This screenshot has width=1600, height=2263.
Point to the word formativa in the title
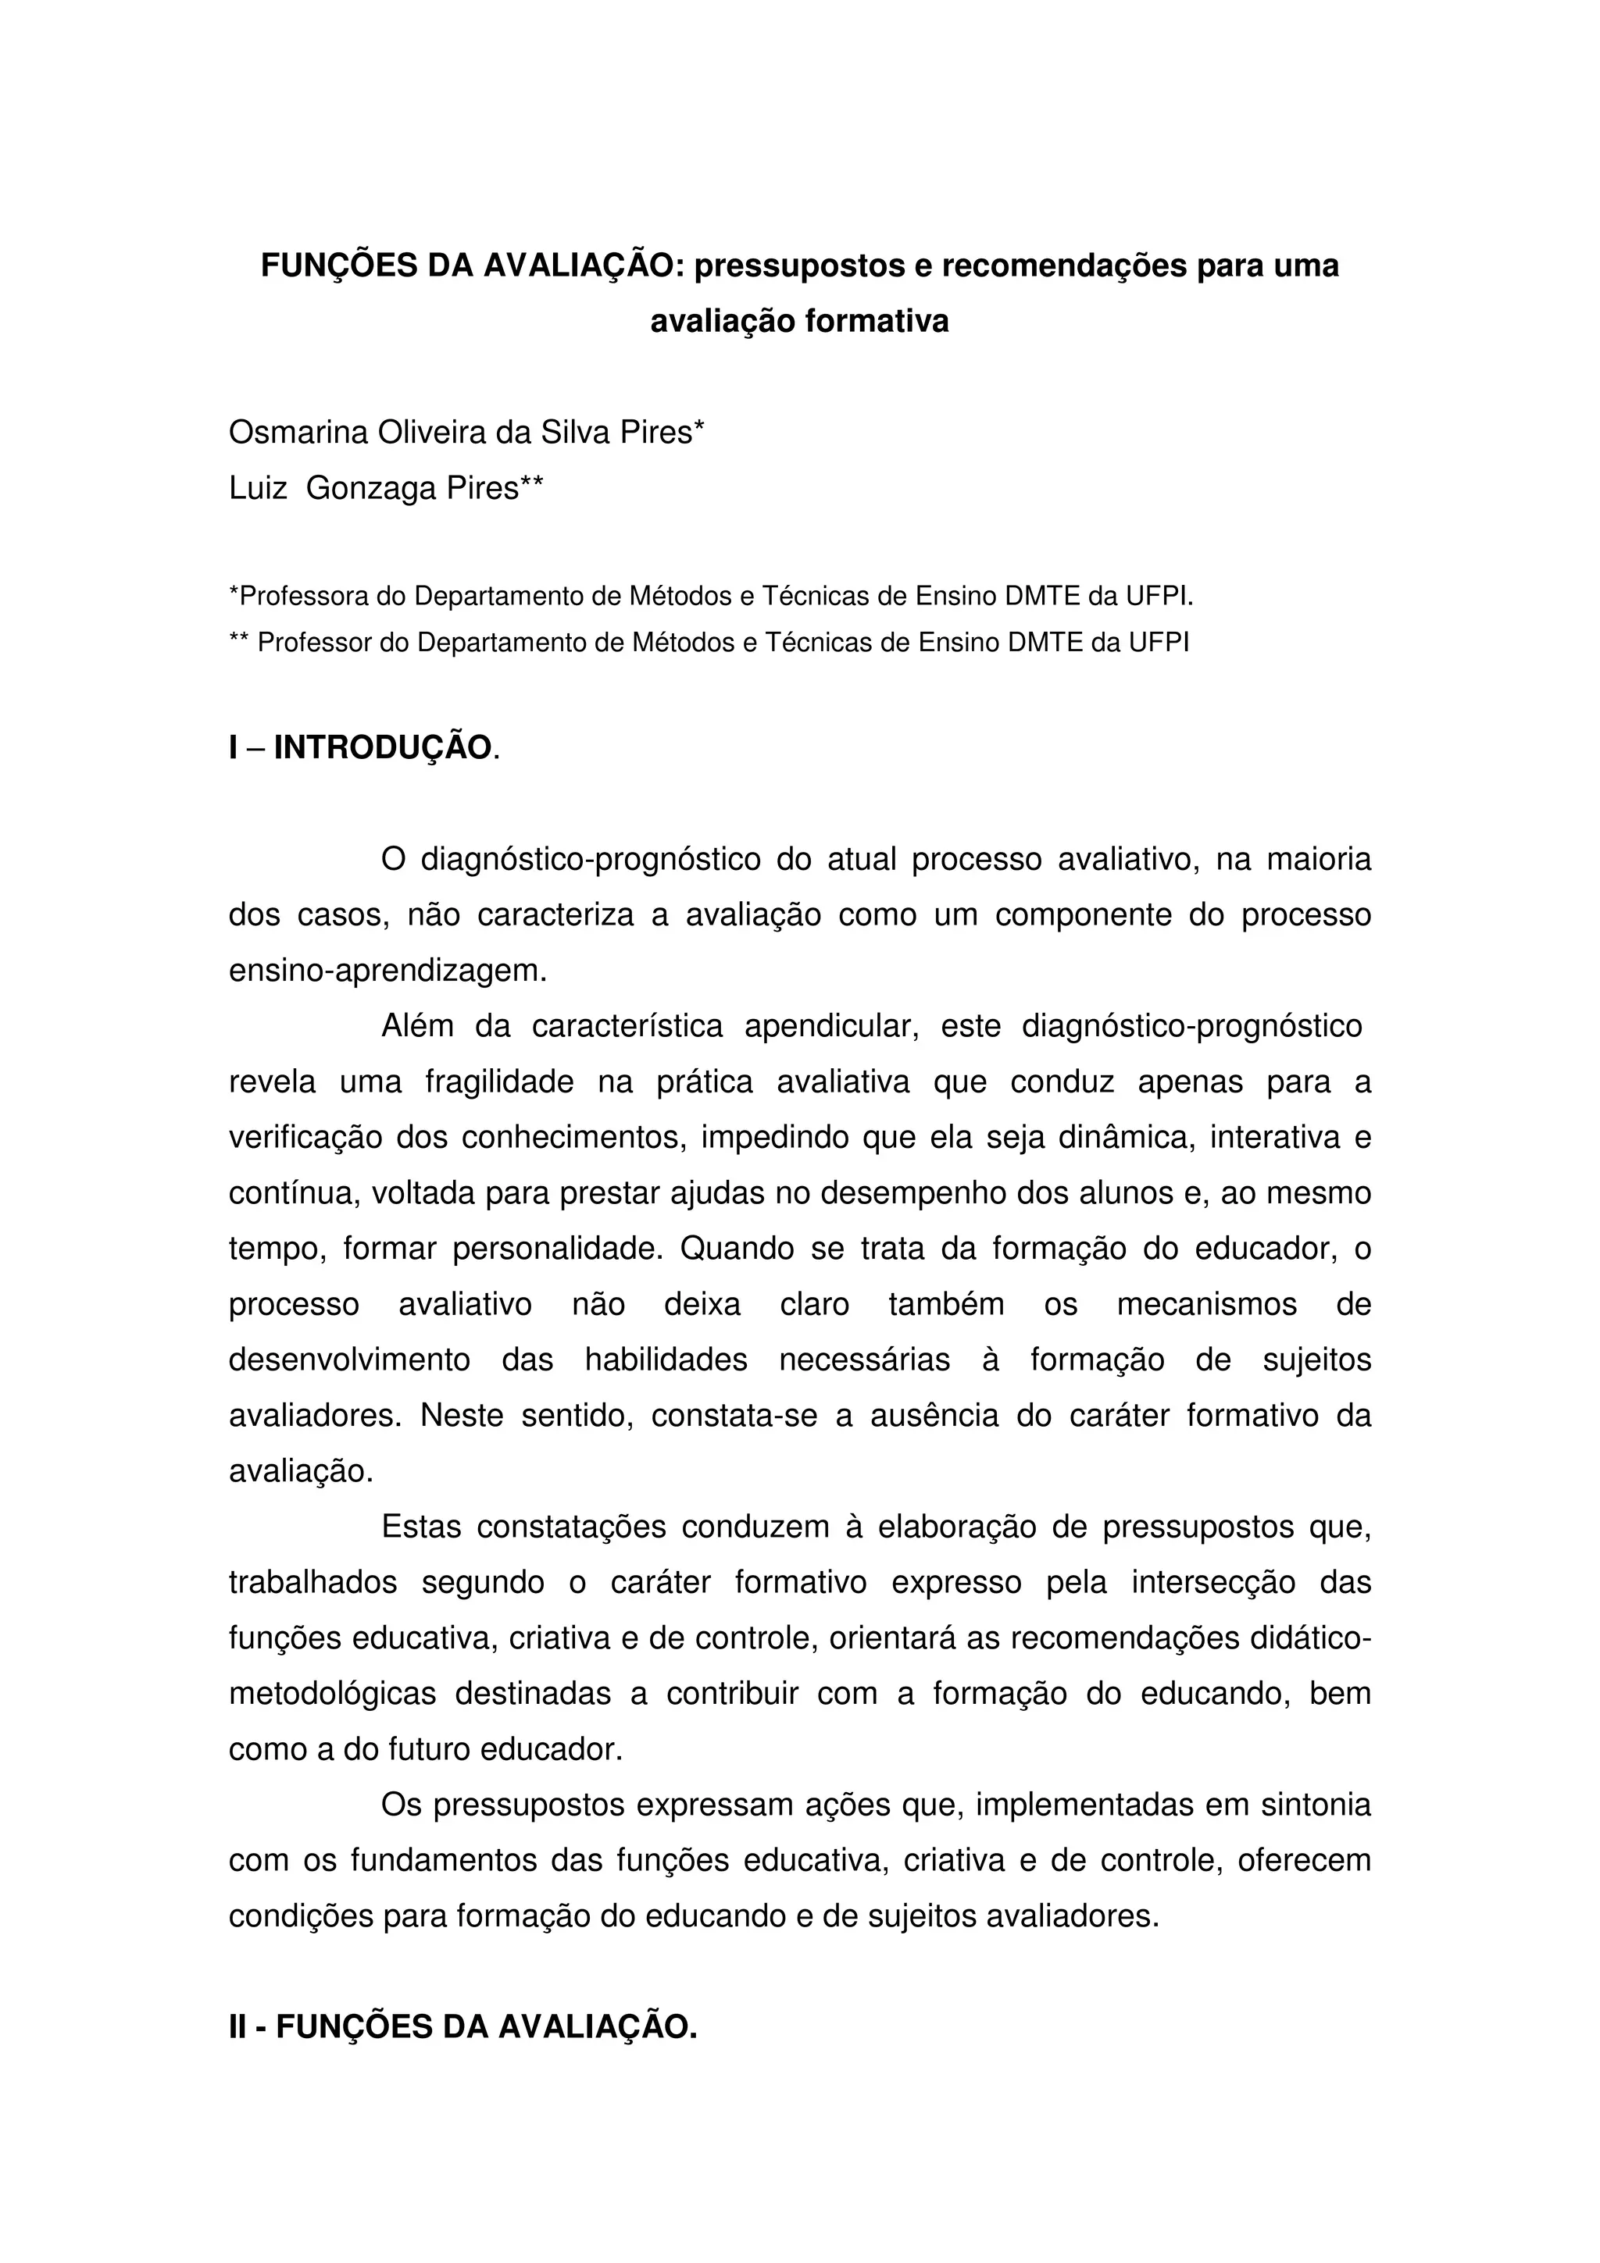pos(877,321)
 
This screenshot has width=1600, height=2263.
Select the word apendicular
pos(831,1026)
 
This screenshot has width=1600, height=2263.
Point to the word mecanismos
pos(1207,1304)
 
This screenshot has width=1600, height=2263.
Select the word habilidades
pos(666,1360)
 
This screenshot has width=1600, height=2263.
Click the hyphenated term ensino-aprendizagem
pos(387,971)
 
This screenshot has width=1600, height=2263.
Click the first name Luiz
pos(257,488)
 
